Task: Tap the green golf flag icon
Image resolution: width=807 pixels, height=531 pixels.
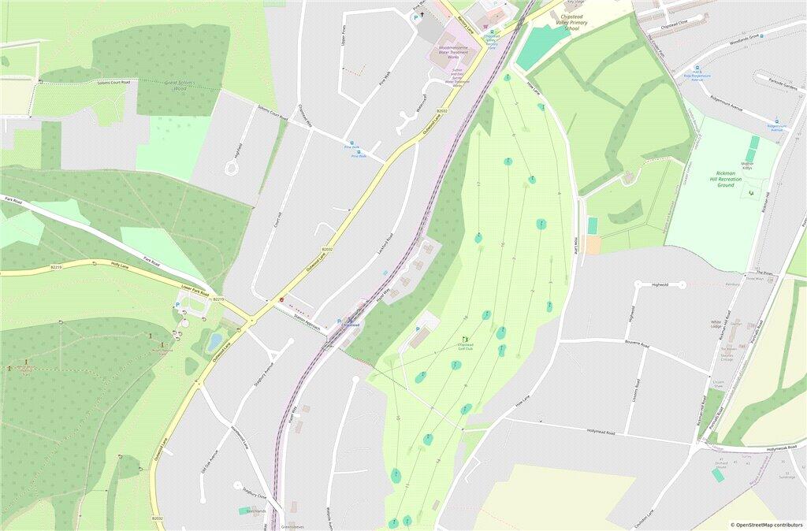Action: coord(464,340)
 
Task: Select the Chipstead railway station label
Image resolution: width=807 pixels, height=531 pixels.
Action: coord(351,325)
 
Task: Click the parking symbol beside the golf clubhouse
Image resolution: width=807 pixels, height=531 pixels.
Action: coord(417,329)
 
